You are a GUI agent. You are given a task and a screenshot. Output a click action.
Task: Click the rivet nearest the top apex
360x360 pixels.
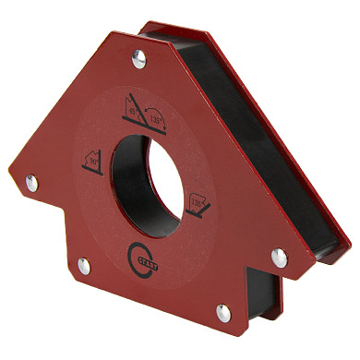[x=137, y=60]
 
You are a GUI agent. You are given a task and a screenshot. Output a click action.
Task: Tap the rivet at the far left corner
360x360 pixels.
[x=31, y=183]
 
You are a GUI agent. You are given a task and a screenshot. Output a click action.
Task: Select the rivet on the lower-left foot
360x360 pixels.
[x=83, y=266]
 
